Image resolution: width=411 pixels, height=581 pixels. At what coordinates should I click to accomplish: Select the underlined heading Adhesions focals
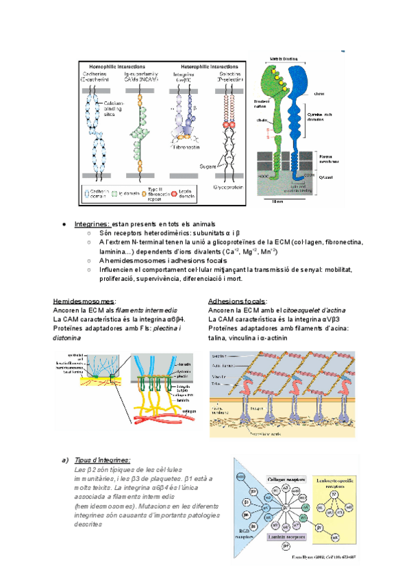coord(237,301)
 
